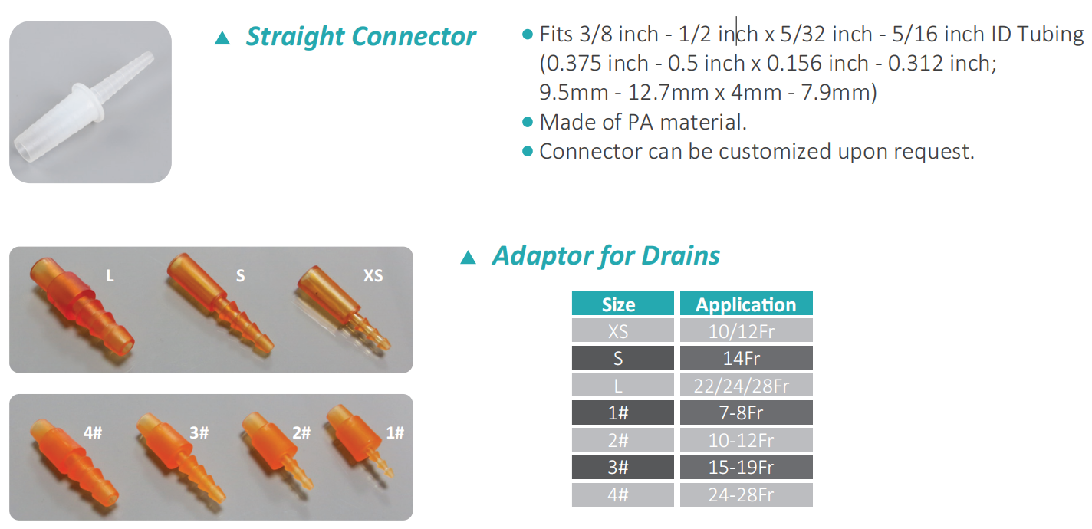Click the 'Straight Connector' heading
(360, 37)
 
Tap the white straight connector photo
(90, 102)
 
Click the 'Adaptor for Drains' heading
(606, 256)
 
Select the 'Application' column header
(746, 304)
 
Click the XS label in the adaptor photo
(373, 275)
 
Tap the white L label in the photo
(110, 276)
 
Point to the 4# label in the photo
(93, 432)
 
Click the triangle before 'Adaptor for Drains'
(468, 257)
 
